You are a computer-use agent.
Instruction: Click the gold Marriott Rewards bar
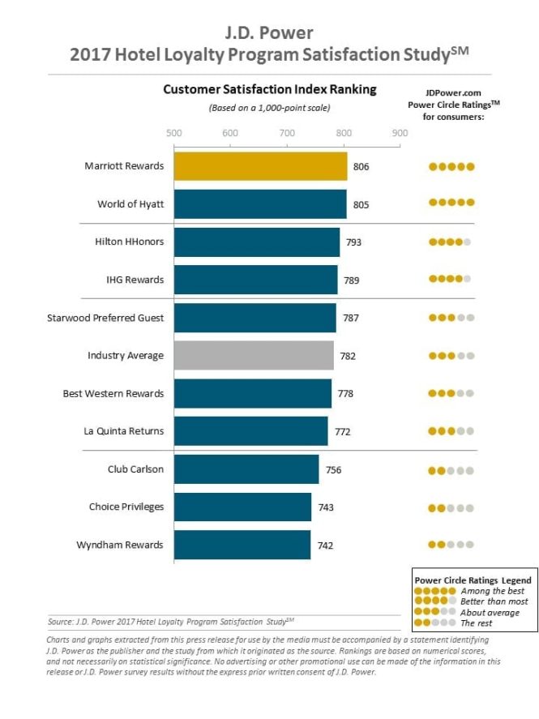[x=260, y=166]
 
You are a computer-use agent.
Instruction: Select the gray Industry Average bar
[x=254, y=355]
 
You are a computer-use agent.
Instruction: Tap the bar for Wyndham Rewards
[x=242, y=545]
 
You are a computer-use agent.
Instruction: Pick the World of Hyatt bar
[x=260, y=204]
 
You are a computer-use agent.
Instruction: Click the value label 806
[x=361, y=167]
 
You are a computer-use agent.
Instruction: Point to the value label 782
[x=348, y=356]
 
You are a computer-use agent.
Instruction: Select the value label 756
[x=333, y=469]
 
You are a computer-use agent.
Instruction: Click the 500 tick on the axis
[x=173, y=132]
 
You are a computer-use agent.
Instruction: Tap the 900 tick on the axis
[x=399, y=132]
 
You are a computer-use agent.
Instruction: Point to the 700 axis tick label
[x=286, y=132]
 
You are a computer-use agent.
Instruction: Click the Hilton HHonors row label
[x=129, y=242]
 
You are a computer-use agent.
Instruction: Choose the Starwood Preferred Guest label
[x=105, y=318]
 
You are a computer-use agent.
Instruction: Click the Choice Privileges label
[x=126, y=507]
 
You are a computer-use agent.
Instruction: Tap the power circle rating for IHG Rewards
[x=451, y=280]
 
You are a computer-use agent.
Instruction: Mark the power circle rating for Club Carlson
[x=451, y=469]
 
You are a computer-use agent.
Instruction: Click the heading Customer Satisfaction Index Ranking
[x=269, y=89]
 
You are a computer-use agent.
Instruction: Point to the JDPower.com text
[x=452, y=92]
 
